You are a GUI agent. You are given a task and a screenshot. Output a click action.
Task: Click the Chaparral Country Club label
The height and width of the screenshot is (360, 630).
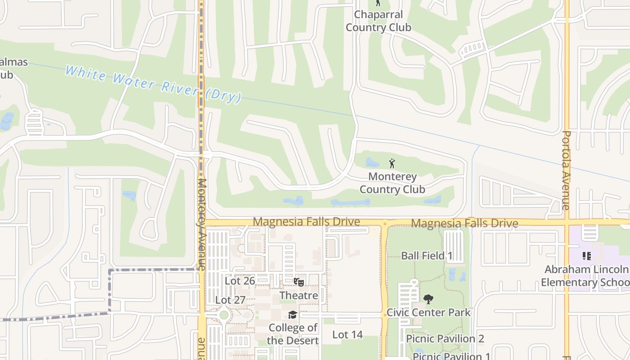pos(378,21)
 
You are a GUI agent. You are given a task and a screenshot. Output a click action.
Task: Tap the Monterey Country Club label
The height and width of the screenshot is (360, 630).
pos(392,183)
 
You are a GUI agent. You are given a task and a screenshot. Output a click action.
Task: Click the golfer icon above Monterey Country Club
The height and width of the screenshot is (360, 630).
pos(392,163)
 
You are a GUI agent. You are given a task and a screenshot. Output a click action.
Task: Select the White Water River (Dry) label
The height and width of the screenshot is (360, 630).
pos(153,84)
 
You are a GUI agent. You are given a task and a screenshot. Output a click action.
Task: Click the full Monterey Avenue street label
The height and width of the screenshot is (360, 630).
pos(202,224)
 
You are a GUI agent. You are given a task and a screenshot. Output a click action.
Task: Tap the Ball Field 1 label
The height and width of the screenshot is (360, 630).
pos(427,256)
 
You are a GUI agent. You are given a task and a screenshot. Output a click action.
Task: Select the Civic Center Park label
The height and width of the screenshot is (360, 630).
pos(428,312)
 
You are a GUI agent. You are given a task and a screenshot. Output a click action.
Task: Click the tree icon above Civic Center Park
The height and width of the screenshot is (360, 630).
pos(428,298)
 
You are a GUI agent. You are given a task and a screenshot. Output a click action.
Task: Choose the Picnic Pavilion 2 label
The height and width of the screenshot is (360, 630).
pos(445,338)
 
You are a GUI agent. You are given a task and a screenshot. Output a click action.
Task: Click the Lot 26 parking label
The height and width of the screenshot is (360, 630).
pos(240,281)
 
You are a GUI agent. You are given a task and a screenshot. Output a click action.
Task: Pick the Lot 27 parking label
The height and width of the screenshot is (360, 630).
pos(230,300)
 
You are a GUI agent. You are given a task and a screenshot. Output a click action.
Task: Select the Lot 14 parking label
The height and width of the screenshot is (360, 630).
pos(347,334)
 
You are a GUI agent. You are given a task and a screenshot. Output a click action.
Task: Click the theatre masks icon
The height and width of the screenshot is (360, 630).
pos(299,282)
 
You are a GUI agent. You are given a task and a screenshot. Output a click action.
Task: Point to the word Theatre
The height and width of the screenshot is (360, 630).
pos(299,296)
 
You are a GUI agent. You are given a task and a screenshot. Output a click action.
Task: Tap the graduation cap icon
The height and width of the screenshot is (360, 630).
pos(292,315)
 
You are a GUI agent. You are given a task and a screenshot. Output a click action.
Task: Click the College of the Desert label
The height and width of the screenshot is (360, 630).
pos(292,334)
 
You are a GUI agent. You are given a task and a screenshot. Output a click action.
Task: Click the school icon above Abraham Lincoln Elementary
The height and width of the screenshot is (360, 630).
pos(586,256)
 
